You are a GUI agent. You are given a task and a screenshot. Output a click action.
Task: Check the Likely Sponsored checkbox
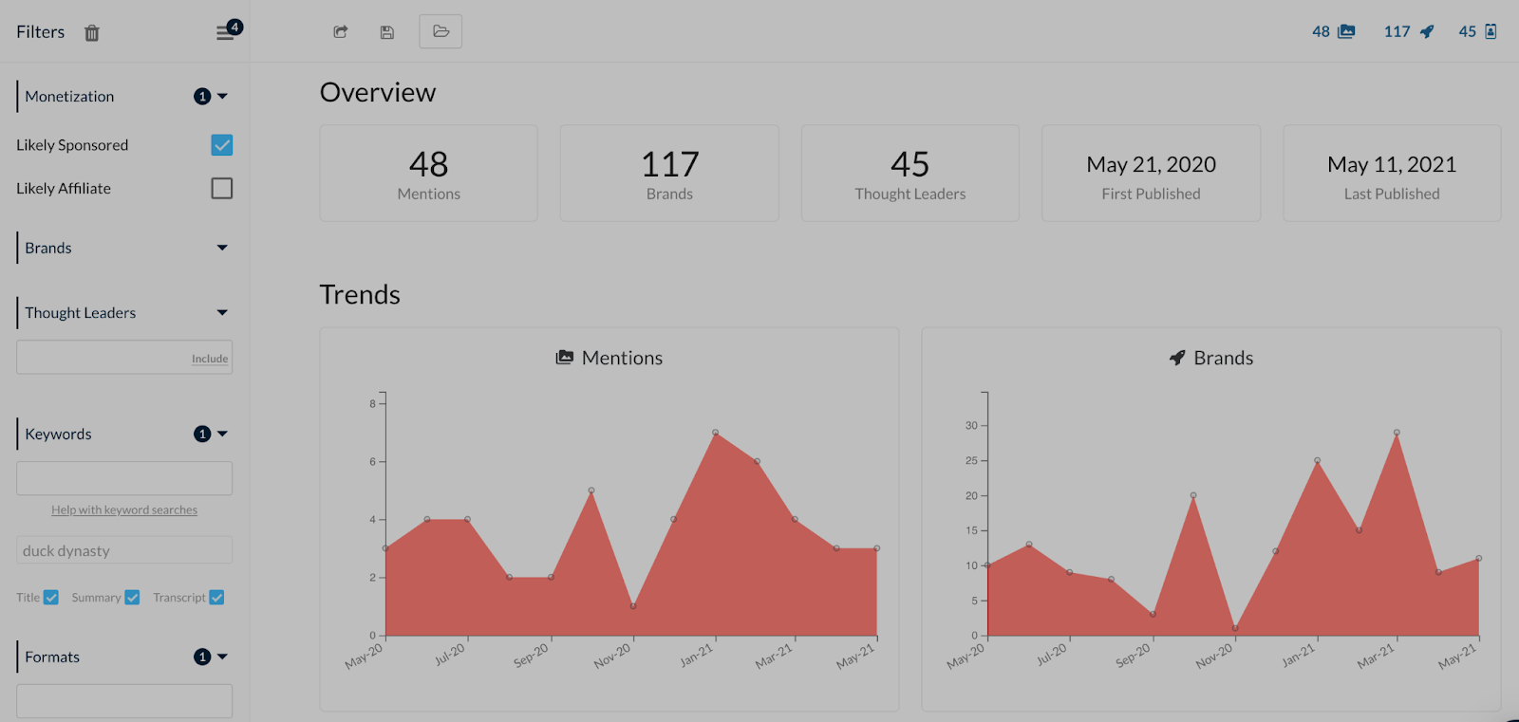tap(222, 145)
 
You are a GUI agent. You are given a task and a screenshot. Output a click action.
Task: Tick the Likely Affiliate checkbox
tap(222, 189)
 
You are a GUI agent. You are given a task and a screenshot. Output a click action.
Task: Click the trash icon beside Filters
tap(92, 33)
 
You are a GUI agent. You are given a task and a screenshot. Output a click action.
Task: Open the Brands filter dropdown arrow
tap(222, 248)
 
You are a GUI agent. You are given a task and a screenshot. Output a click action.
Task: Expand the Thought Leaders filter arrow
tap(222, 312)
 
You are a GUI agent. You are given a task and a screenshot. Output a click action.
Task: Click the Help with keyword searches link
tap(124, 510)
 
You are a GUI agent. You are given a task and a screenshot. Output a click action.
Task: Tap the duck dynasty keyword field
tap(124, 550)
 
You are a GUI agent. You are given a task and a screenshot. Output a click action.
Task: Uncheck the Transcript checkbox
tap(216, 598)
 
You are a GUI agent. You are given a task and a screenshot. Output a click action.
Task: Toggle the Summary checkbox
tap(132, 598)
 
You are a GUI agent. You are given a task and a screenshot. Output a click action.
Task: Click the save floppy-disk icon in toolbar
tap(387, 32)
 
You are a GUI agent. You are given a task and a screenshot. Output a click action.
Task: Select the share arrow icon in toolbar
tap(341, 32)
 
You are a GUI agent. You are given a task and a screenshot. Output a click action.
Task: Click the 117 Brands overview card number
tap(669, 165)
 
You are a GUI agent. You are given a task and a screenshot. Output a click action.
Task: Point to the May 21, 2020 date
tap(1151, 165)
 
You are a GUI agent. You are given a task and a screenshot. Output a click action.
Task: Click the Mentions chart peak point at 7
tap(715, 433)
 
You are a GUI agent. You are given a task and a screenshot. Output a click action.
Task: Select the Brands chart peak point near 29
tap(1397, 433)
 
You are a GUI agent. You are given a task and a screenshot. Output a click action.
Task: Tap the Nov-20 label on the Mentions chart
tap(612, 655)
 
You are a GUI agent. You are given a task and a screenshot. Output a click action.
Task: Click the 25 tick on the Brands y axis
tap(971, 460)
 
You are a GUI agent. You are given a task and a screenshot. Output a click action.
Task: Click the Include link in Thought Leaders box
tap(210, 359)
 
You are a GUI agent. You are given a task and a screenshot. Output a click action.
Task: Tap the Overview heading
tap(378, 93)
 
